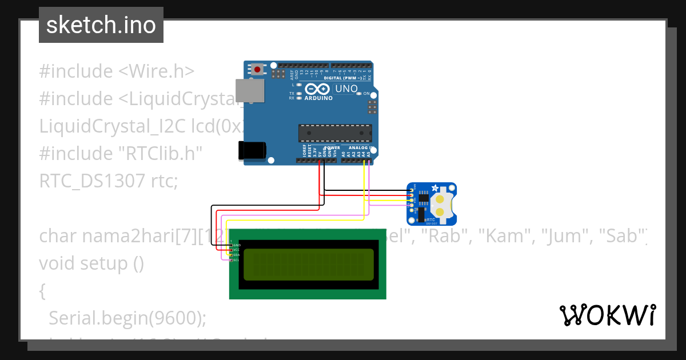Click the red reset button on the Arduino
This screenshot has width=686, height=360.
[257, 70]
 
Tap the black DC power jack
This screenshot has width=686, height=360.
[252, 150]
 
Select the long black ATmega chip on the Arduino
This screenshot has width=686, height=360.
[334, 133]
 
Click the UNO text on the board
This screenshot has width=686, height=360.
[346, 89]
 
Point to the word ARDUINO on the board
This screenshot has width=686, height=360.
[318, 98]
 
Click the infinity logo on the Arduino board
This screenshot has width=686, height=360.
[317, 89]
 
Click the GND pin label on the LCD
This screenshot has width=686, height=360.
[236, 245]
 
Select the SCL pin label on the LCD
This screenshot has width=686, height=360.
[236, 260]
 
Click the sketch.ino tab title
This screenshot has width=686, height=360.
[101, 25]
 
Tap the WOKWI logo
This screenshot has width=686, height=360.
[608, 315]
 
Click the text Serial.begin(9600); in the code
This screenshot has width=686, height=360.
[127, 318]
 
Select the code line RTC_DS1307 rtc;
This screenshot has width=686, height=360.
[109, 181]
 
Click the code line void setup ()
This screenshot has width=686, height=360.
[91, 263]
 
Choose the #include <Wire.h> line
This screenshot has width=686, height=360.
[117, 71]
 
